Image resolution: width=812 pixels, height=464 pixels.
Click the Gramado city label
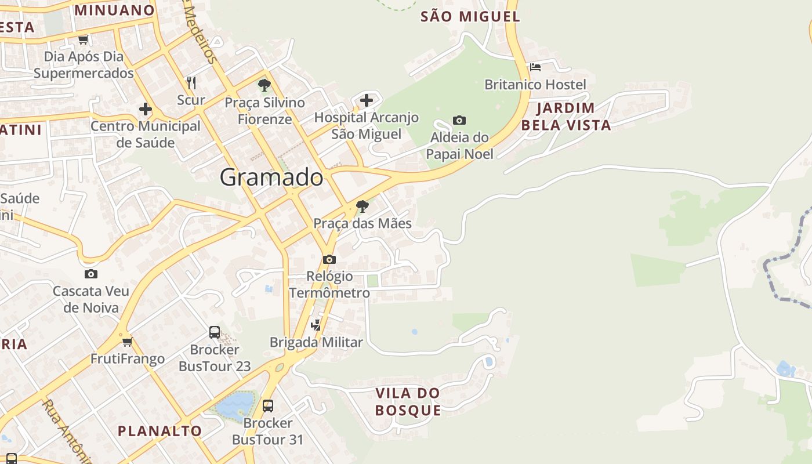(x=271, y=177)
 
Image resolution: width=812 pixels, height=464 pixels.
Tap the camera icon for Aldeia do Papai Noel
(x=459, y=121)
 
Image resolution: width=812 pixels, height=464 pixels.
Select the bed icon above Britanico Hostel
(x=535, y=67)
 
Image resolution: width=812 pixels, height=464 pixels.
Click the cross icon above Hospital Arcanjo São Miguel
(x=367, y=100)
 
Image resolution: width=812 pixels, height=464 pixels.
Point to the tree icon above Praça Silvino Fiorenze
(x=264, y=86)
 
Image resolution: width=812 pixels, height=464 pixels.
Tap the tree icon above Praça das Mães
(x=362, y=206)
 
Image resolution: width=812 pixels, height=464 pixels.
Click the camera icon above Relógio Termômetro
(x=329, y=259)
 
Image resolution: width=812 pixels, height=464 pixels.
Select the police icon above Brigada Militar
(x=316, y=325)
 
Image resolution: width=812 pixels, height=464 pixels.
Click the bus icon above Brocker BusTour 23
(x=215, y=332)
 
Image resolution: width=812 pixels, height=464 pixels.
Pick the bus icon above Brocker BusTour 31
(x=267, y=405)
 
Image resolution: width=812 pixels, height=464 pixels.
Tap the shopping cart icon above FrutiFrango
(x=127, y=342)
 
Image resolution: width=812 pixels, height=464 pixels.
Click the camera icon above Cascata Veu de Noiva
(x=90, y=274)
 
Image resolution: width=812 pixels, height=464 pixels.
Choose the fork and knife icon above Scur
(x=191, y=83)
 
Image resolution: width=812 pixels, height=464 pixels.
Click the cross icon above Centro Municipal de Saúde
(x=145, y=109)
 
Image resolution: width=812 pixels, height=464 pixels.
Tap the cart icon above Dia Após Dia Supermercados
(x=84, y=40)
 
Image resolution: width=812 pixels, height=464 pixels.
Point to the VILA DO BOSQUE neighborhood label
(x=408, y=401)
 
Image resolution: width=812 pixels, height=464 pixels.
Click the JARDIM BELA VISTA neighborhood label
(x=566, y=117)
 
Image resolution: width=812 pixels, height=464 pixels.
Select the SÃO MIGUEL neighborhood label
(x=470, y=17)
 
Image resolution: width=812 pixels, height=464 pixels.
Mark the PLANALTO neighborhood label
(x=159, y=431)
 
